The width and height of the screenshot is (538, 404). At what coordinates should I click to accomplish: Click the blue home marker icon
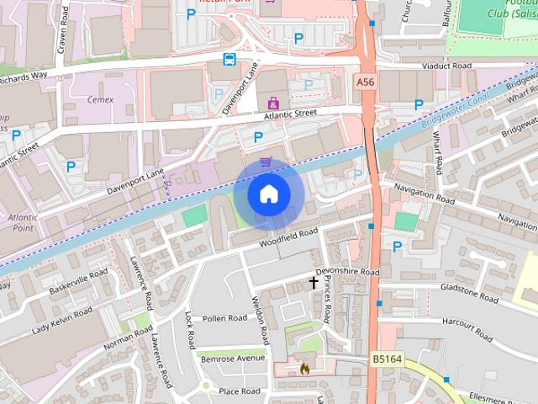click(x=268, y=194)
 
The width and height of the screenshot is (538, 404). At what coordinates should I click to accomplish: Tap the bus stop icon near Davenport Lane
click(x=229, y=59)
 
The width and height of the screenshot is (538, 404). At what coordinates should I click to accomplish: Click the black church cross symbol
click(x=314, y=283)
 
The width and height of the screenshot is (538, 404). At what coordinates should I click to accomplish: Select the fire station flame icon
click(x=303, y=368)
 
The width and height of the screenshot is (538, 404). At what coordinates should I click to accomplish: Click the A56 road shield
click(x=364, y=82)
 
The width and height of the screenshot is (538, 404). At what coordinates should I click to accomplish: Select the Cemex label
click(x=100, y=99)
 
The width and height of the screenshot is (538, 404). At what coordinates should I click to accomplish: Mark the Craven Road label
click(x=61, y=34)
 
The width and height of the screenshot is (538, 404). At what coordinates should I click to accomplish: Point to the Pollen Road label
click(x=224, y=318)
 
